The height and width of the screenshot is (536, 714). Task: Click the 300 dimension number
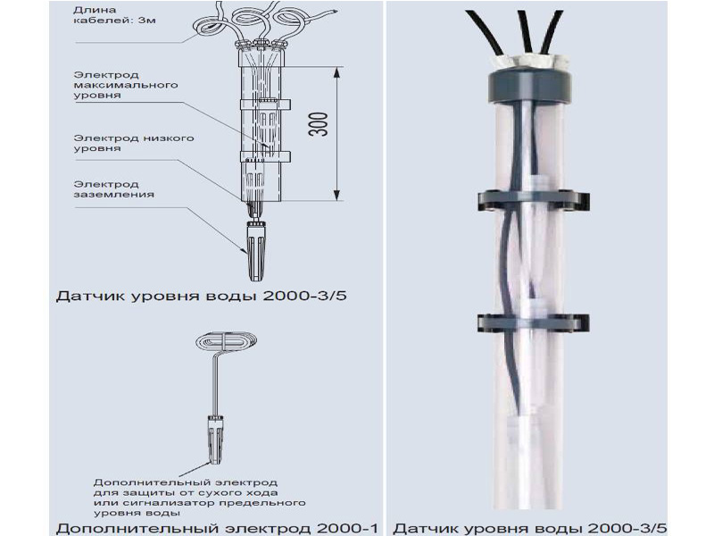pyautogui.click(x=319, y=124)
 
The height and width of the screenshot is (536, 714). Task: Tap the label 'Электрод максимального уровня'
pyautogui.click(x=126, y=85)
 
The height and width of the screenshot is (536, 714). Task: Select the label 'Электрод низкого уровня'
pyautogui.click(x=134, y=143)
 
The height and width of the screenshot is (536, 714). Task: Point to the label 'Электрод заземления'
pyautogui.click(x=114, y=189)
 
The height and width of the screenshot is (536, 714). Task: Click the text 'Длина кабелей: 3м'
pyautogui.click(x=114, y=15)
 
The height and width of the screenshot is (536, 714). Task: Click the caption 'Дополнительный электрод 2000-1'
pyautogui.click(x=217, y=528)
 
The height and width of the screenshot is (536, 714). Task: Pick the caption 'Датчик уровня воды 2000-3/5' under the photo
pyautogui.click(x=529, y=528)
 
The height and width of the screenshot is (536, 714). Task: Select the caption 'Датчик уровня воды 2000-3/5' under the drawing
pyautogui.click(x=202, y=296)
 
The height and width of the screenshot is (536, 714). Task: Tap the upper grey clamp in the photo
pyautogui.click(x=533, y=200)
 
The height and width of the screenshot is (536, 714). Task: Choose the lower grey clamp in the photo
pyautogui.click(x=533, y=322)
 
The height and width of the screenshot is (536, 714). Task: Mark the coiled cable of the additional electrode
pyautogui.click(x=227, y=341)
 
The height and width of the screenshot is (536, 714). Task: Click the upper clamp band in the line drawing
pyautogui.click(x=265, y=105)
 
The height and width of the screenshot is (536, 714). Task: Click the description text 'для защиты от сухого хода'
pyautogui.click(x=186, y=493)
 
